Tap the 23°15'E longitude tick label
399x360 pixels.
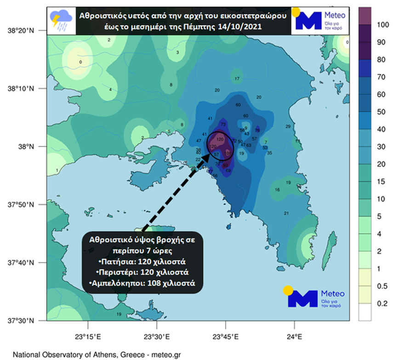[x=88, y=337]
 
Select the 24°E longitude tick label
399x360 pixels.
[x=294, y=337]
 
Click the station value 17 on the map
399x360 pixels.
[x=237, y=79]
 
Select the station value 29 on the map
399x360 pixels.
[x=288, y=126]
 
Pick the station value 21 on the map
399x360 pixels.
[x=286, y=213]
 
